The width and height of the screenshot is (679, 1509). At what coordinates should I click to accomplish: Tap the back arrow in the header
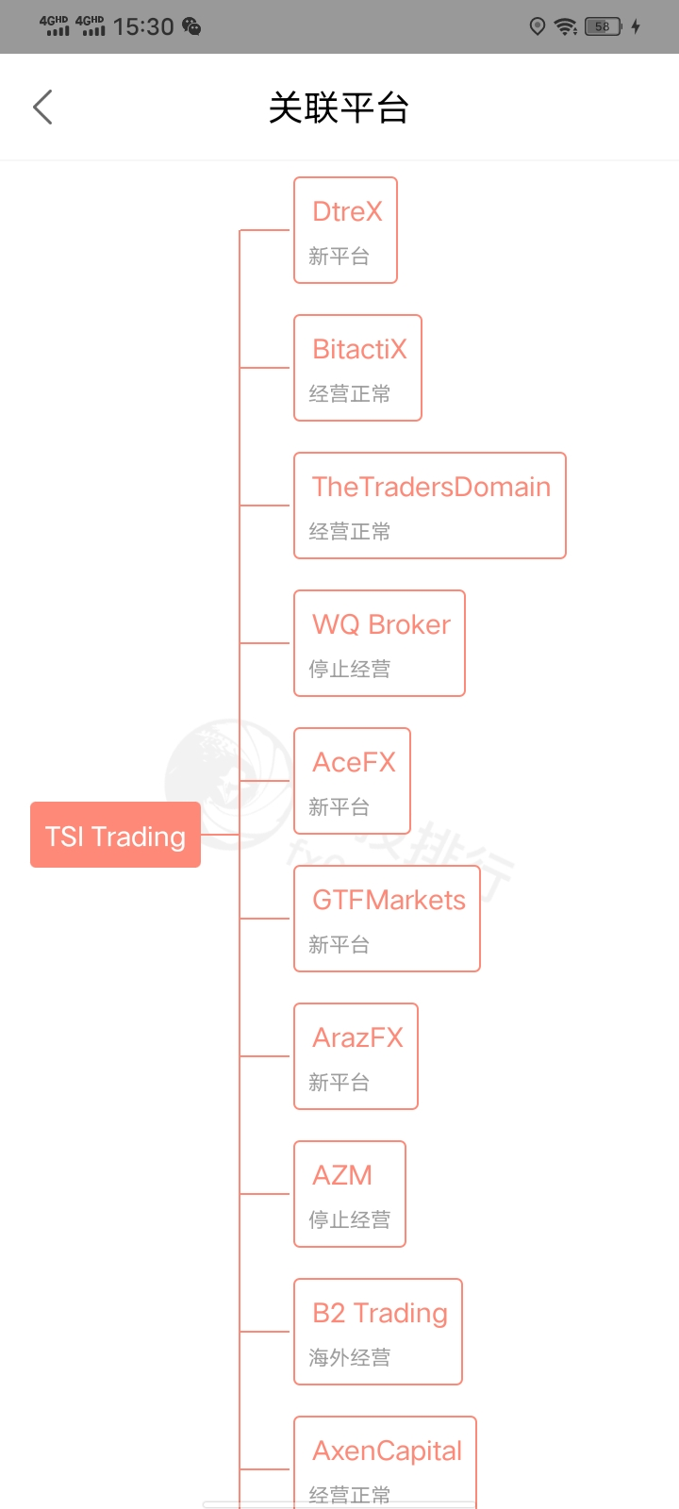[42, 108]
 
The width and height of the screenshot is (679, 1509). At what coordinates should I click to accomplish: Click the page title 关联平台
[339, 108]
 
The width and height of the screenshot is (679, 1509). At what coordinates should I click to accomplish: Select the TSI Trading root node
[115, 836]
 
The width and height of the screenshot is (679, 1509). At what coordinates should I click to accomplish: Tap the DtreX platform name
[347, 212]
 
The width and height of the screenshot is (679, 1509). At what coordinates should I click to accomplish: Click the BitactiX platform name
[359, 350]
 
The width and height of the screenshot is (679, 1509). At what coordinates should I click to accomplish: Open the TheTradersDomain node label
[431, 488]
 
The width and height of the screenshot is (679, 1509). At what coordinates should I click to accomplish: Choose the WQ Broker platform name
[381, 625]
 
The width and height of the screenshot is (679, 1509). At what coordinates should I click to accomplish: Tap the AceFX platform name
[354, 763]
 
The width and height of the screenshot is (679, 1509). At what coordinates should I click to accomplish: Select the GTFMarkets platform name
[389, 901]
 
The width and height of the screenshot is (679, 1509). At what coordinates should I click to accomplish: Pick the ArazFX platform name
[357, 1038]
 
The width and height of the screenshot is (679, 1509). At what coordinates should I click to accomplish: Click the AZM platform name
[342, 1176]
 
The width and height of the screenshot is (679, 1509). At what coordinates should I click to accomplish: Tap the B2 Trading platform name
[380, 1314]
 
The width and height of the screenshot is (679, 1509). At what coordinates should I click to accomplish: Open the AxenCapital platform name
[387, 1451]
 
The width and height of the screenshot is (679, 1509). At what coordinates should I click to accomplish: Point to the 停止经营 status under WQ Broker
[349, 670]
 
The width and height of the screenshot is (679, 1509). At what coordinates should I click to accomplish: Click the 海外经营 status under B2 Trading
[349, 1358]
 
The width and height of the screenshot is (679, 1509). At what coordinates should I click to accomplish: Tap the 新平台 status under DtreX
[339, 257]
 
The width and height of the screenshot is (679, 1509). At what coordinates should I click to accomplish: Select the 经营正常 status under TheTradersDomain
[349, 532]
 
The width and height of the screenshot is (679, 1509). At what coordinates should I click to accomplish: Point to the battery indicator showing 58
[603, 26]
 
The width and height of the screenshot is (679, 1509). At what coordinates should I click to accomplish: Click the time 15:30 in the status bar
[143, 26]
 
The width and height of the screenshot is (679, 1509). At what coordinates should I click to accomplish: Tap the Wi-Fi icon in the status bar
[566, 26]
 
